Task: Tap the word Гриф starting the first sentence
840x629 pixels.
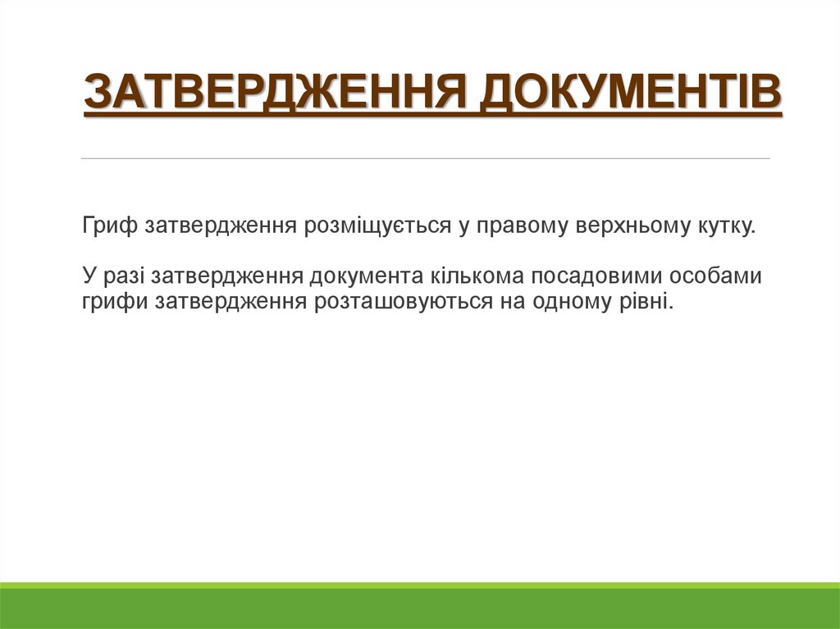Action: coord(111,226)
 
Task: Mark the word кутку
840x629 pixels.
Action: coord(726,226)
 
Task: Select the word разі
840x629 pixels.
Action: coord(122,276)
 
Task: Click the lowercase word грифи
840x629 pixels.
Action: coord(112,302)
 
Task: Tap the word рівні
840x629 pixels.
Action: coord(648,302)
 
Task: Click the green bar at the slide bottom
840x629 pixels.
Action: coord(420,607)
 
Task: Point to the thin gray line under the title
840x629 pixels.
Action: coord(426,158)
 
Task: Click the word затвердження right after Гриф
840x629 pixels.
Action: coord(221,226)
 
